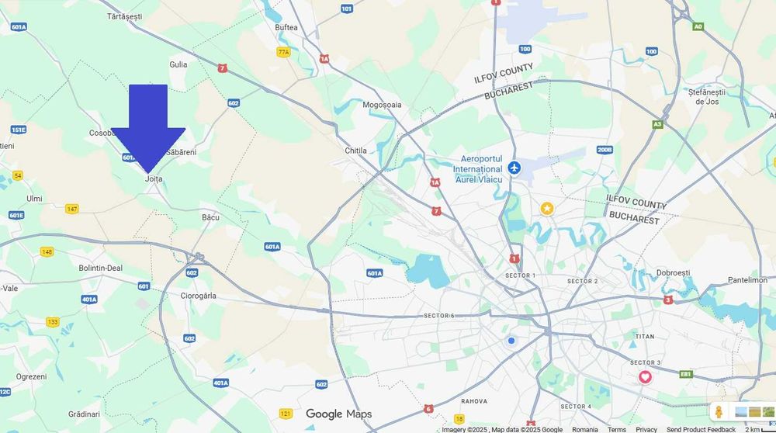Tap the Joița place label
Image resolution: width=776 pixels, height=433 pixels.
[154, 178]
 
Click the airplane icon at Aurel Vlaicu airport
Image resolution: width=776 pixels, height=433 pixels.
[514, 168]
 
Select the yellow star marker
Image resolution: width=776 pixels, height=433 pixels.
[547, 208]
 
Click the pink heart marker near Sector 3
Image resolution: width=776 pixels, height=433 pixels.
[645, 377]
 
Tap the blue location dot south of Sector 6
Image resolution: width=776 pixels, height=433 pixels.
[511, 341]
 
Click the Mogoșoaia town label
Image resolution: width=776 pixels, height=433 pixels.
[382, 105]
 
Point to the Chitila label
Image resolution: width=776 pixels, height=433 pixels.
[355, 151]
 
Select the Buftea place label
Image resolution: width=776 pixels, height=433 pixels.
[286, 27]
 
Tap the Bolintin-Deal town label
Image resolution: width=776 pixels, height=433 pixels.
[101, 268]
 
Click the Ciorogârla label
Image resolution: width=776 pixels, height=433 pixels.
[198, 296]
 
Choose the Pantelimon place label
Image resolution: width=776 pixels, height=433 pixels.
[747, 280]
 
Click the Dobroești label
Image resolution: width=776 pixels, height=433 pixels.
[673, 273]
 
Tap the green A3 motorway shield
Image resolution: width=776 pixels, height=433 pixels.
[657, 124]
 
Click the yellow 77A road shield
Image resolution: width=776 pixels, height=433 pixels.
[283, 52]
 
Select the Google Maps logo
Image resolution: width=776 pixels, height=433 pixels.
[338, 414]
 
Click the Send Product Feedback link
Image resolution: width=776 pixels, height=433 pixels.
[701, 429]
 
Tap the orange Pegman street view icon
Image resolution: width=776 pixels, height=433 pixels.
[719, 412]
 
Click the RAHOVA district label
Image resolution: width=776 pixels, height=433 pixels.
[473, 401]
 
